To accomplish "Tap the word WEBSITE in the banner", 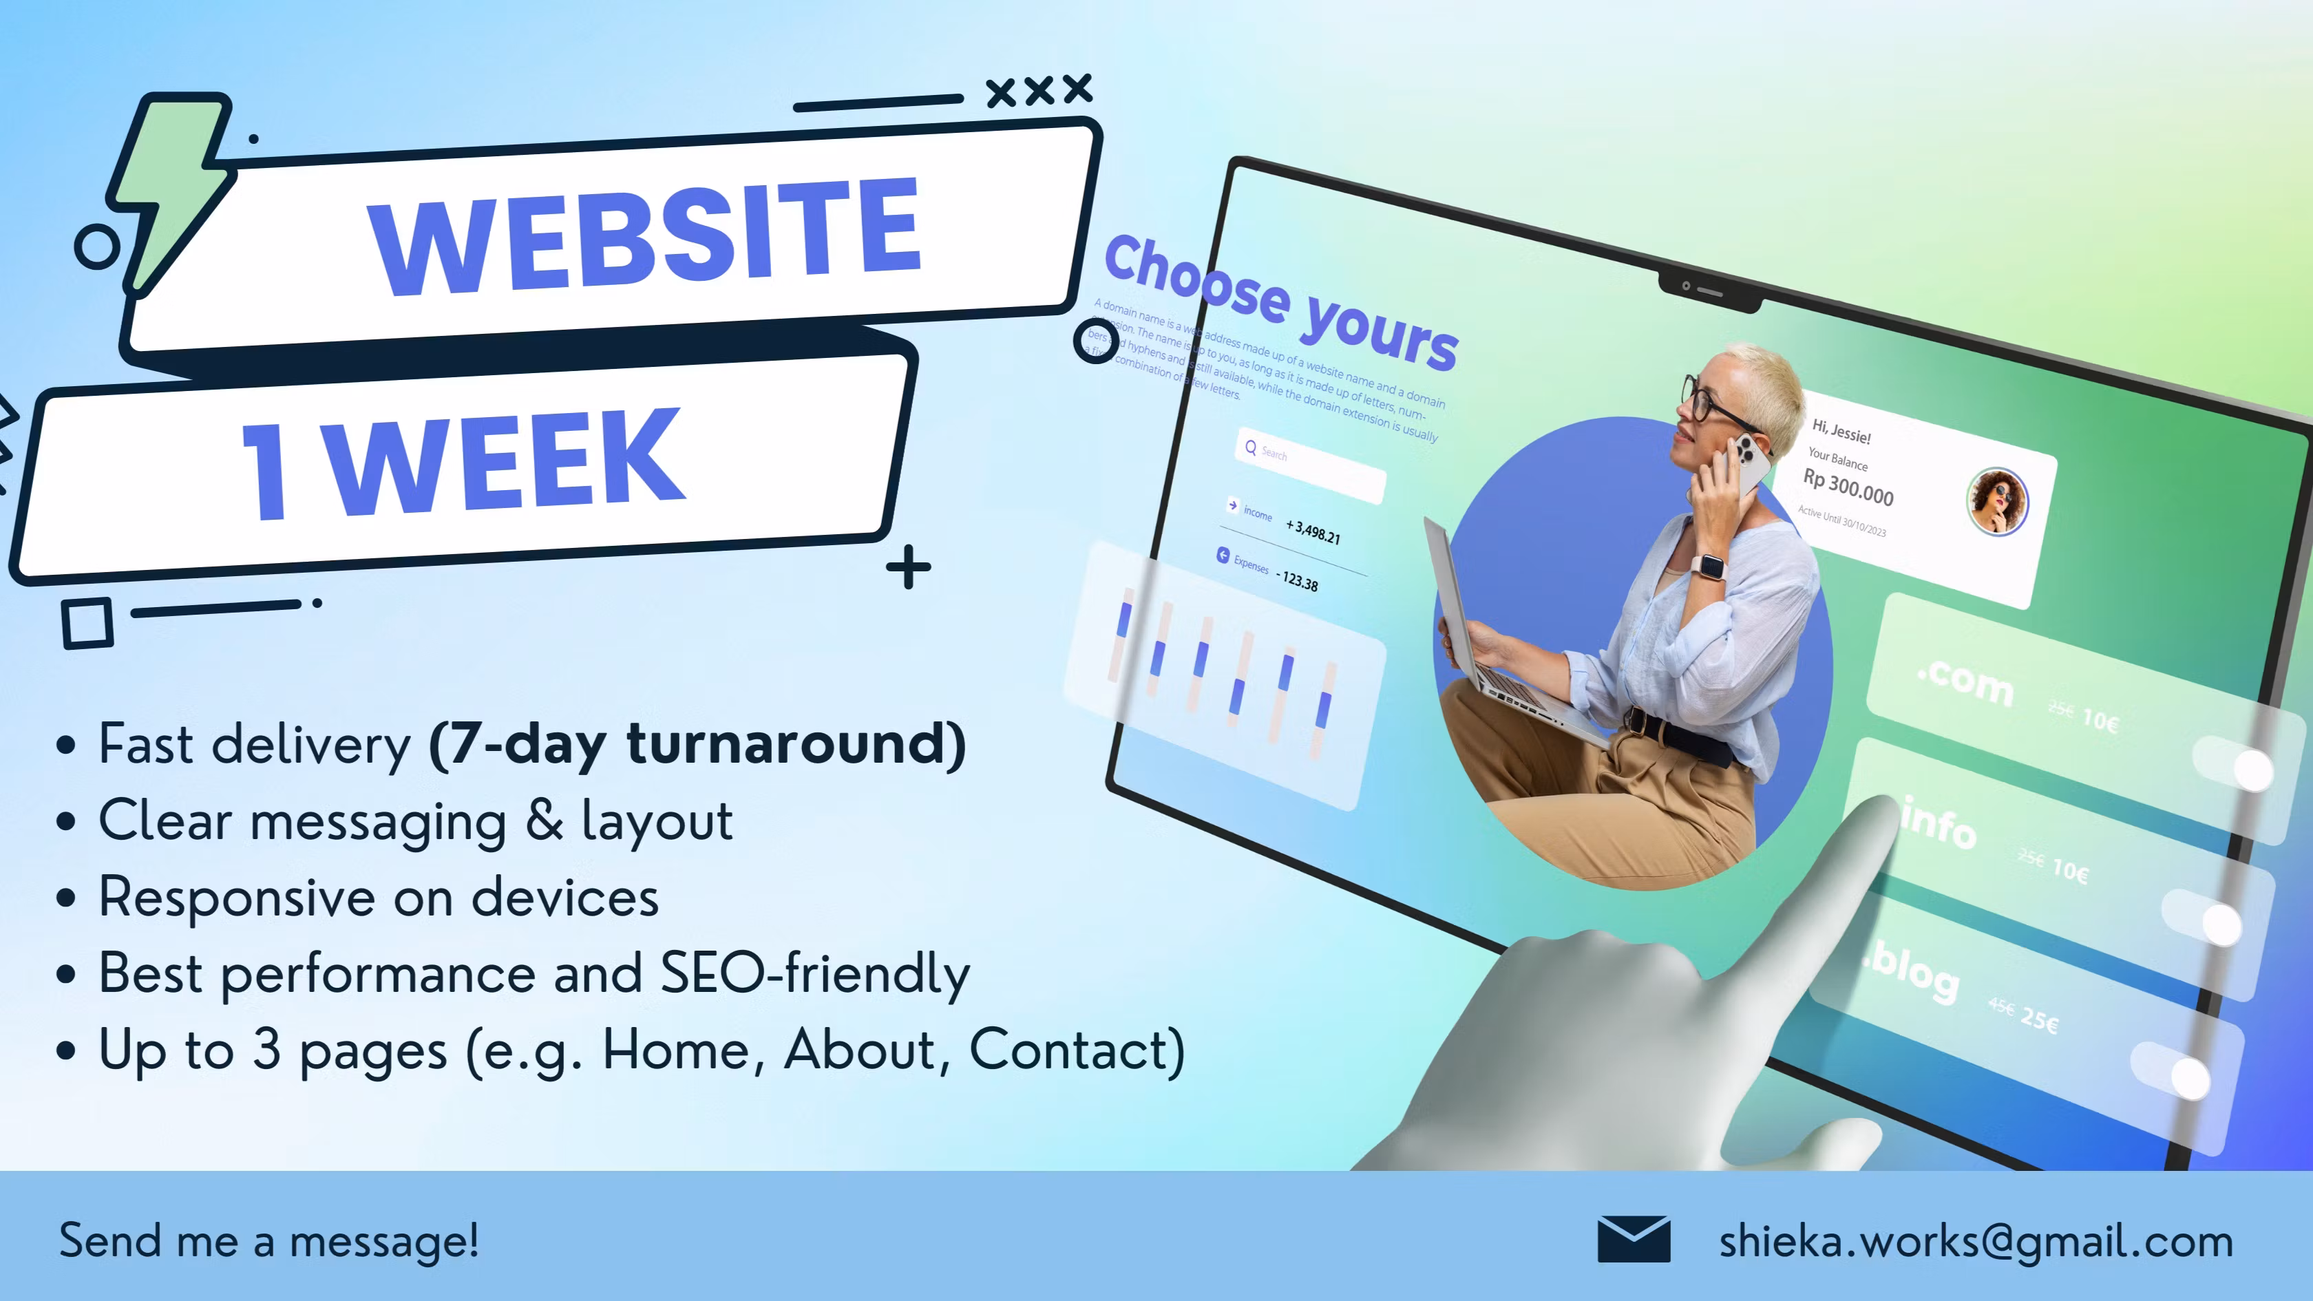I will [645, 235].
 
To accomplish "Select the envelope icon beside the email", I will [1634, 1239].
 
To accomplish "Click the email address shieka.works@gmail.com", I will [1976, 1241].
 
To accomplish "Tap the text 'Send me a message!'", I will [268, 1241].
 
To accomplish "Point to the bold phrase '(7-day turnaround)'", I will [697, 743].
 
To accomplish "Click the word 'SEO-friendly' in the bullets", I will [814, 973].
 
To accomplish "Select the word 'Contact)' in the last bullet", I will [1077, 1050].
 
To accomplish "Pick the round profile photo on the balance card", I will [1997, 501].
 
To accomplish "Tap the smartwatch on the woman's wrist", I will [1709, 567].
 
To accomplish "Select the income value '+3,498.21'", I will [1313, 531].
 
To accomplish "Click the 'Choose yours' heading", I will [1280, 301].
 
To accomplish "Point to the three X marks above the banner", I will [1039, 89].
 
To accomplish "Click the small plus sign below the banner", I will [908, 567].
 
